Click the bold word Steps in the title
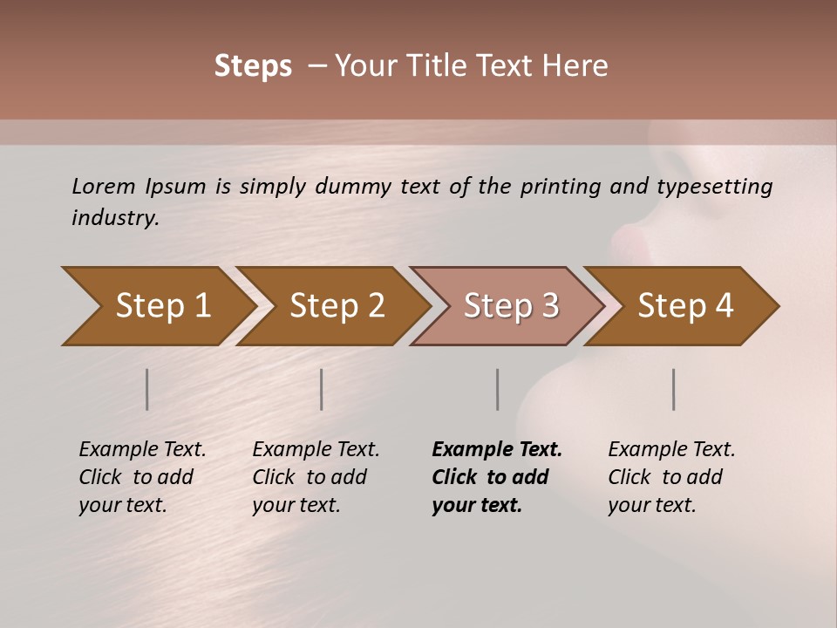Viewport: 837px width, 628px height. (x=253, y=66)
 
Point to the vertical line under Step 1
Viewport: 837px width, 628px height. (x=147, y=389)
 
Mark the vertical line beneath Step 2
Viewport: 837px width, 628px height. (x=322, y=389)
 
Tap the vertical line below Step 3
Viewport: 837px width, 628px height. (x=498, y=389)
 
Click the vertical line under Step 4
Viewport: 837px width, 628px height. (x=674, y=389)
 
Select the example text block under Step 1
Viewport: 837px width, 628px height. (x=142, y=477)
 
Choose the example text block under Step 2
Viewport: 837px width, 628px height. (x=316, y=477)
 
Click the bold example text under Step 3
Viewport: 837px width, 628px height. (x=496, y=477)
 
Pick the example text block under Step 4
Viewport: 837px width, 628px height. (x=671, y=477)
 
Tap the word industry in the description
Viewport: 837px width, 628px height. (x=114, y=218)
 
